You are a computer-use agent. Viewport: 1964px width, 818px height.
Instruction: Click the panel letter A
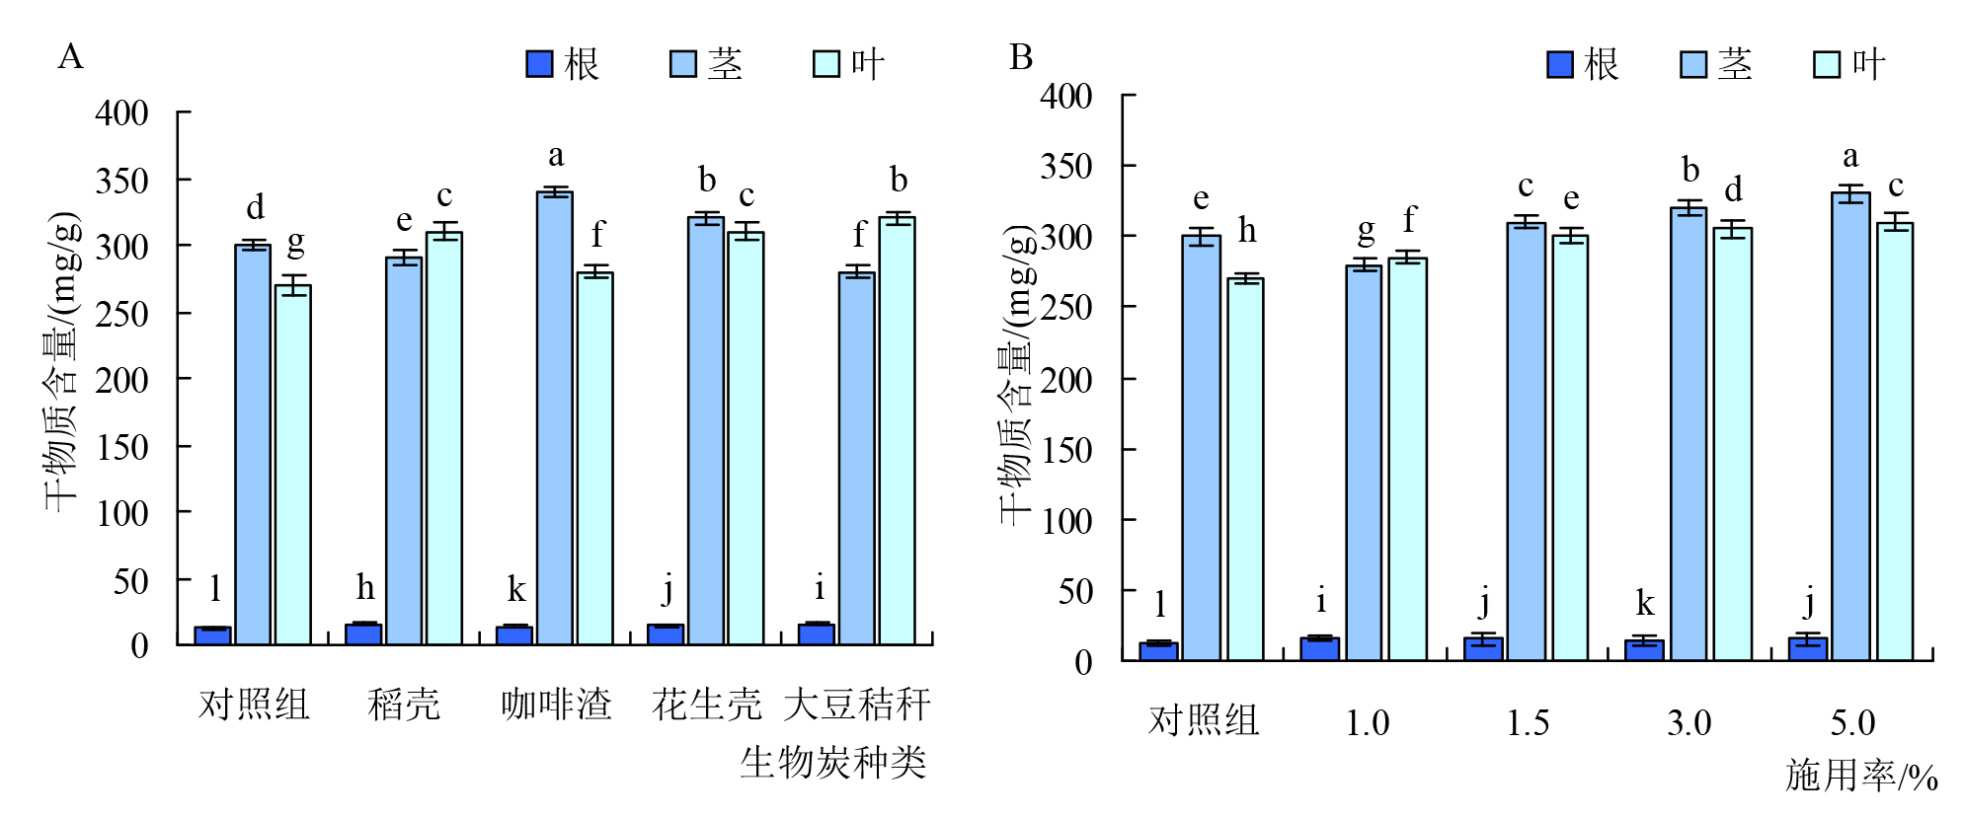[x=70, y=57]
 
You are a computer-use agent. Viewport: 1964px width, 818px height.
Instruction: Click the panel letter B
[x=1021, y=57]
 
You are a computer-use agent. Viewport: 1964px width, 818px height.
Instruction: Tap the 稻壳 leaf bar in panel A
[x=444, y=438]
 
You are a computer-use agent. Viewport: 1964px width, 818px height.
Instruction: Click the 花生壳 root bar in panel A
[x=666, y=634]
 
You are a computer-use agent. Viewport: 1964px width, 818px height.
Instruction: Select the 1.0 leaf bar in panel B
[x=1407, y=459]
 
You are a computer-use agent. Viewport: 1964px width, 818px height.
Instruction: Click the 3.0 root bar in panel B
[x=1644, y=649]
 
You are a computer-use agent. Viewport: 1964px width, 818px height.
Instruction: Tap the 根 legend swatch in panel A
[x=539, y=64]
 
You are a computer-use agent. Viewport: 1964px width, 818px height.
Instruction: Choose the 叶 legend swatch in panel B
[x=1827, y=64]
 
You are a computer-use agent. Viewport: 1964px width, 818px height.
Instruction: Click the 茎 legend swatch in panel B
[x=1693, y=64]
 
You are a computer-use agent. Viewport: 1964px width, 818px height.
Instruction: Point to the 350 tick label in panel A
[x=121, y=181]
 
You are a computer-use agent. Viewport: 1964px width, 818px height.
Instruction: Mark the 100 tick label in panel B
[x=1066, y=521]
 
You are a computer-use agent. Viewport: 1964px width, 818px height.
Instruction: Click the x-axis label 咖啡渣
[x=556, y=705]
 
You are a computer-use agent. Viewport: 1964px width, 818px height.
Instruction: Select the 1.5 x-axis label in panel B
[x=1528, y=723]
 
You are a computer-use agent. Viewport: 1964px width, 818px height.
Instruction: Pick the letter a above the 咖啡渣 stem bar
[x=556, y=155]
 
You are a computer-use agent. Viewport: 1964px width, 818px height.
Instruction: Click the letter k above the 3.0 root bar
[x=1644, y=602]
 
